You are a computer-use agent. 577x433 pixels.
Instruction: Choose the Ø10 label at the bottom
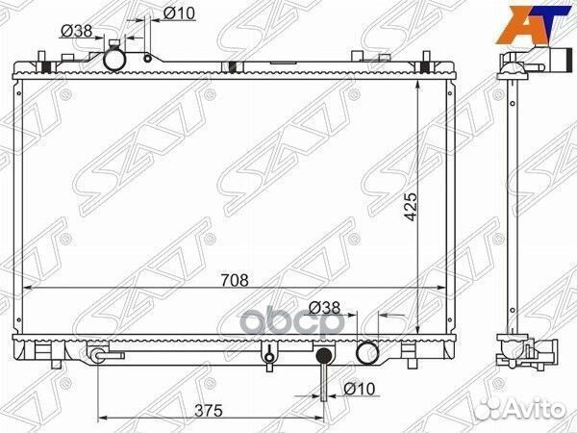(x=357, y=390)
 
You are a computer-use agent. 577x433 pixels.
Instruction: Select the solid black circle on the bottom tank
(x=324, y=357)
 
